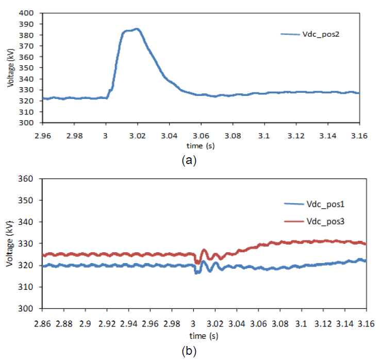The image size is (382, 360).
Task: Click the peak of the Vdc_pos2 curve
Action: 137,29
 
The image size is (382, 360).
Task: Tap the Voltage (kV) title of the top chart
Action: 11,67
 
